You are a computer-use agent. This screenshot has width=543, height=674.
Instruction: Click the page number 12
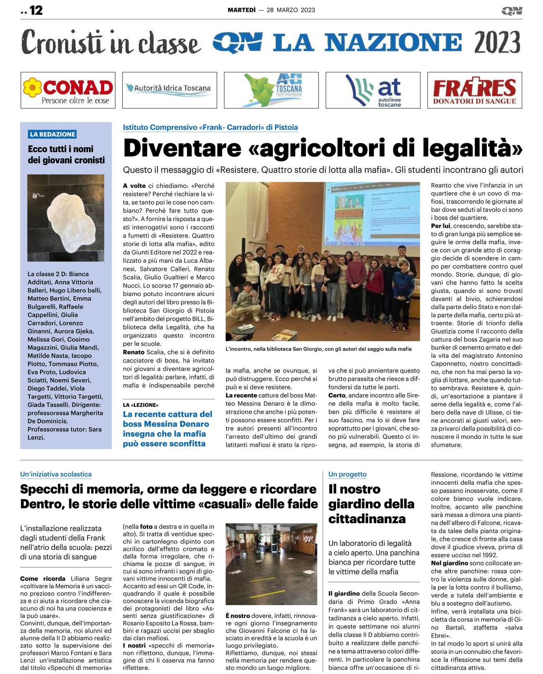pyautogui.click(x=36, y=10)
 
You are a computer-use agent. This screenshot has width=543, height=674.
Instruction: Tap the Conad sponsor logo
pyautogui.click(x=68, y=90)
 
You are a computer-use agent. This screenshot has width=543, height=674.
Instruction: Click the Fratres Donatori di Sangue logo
pyautogui.click(x=474, y=90)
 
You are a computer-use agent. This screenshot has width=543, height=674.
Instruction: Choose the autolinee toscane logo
pyautogui.click(x=373, y=90)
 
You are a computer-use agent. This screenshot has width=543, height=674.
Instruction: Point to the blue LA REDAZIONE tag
pyautogui.click(x=52, y=134)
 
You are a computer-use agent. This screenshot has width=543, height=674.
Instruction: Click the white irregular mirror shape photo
pyautogui.click(x=65, y=218)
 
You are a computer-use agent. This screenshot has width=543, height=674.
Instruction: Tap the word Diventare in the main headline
pyautogui.click(x=182, y=148)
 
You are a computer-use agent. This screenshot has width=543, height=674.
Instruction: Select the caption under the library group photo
pyautogui.click(x=318, y=349)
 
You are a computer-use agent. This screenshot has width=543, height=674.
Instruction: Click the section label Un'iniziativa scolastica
pyautogui.click(x=56, y=474)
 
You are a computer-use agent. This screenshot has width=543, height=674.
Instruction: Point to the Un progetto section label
pyautogui.click(x=347, y=474)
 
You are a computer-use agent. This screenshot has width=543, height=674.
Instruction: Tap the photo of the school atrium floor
pyautogui.click(x=271, y=564)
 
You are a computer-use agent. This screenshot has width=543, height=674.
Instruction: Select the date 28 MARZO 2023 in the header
pyautogui.click(x=291, y=10)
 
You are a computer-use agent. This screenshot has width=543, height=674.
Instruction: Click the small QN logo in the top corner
pyautogui.click(x=512, y=11)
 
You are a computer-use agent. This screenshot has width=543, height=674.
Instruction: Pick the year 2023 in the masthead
pyautogui.click(x=497, y=42)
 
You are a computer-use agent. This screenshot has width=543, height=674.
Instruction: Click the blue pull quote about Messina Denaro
pyautogui.click(x=168, y=429)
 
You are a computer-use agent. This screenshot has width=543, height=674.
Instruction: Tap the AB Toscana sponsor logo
pyautogui.click(x=271, y=90)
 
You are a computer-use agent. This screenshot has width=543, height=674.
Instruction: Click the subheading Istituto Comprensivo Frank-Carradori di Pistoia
pyautogui.click(x=210, y=127)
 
